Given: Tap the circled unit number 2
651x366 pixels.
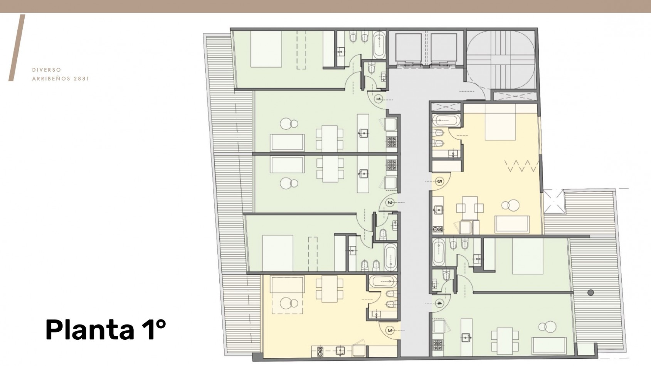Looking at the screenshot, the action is click(x=390, y=203).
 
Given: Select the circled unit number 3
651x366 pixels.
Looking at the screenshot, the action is click(x=390, y=331).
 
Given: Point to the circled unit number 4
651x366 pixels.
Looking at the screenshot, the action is click(x=439, y=304).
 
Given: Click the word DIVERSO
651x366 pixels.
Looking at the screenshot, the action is click(x=47, y=70).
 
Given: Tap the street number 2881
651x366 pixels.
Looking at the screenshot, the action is click(x=81, y=79).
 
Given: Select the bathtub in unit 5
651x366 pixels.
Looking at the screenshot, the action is click(x=446, y=121).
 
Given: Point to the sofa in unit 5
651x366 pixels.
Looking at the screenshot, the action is click(x=512, y=224).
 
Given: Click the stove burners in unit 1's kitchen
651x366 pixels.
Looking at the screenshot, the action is click(x=392, y=142).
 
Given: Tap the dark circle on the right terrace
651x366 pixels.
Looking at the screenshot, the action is click(x=590, y=292).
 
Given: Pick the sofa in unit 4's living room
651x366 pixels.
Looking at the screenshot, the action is click(x=549, y=346).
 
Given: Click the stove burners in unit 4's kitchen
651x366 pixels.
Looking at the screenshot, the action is click(x=438, y=344).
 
